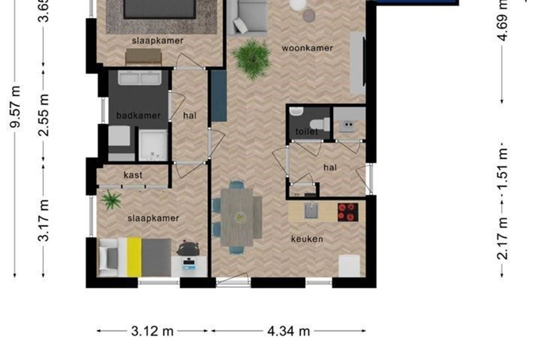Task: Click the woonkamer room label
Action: [x=307, y=48]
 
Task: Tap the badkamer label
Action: [x=138, y=116]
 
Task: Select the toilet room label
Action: [x=306, y=132]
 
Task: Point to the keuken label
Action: [x=307, y=239]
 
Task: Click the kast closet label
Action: [x=133, y=175]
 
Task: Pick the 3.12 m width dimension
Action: [x=152, y=331]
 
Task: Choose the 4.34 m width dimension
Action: [x=289, y=331]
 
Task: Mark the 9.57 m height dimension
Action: [x=15, y=107]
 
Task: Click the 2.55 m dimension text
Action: [x=44, y=115]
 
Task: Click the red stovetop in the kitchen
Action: [x=348, y=212]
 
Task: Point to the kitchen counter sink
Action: [x=311, y=211]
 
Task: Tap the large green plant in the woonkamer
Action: [x=252, y=58]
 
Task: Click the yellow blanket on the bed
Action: [x=134, y=257]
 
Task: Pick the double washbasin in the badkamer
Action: [x=140, y=78]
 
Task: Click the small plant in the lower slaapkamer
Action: [x=111, y=200]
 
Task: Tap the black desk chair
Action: [x=188, y=248]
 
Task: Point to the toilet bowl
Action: [x=323, y=124]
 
